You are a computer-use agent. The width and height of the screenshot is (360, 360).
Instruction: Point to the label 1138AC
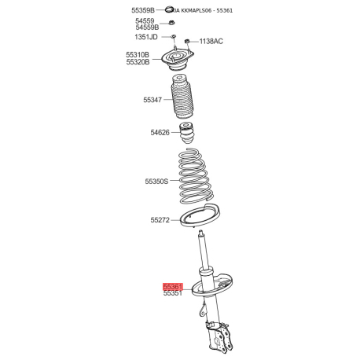tap(211, 41)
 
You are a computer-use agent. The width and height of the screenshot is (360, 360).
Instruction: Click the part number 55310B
tap(138, 55)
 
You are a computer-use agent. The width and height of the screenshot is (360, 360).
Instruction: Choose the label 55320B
tap(138, 63)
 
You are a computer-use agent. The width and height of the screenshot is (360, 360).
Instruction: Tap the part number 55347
tap(152, 101)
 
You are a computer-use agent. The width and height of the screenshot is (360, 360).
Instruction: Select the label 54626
tap(160, 134)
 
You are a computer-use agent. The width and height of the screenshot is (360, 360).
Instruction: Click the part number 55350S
tap(157, 182)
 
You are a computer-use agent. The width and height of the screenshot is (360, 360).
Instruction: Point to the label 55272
tap(160, 220)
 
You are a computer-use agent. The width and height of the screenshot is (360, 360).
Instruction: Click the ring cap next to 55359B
tap(170, 9)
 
